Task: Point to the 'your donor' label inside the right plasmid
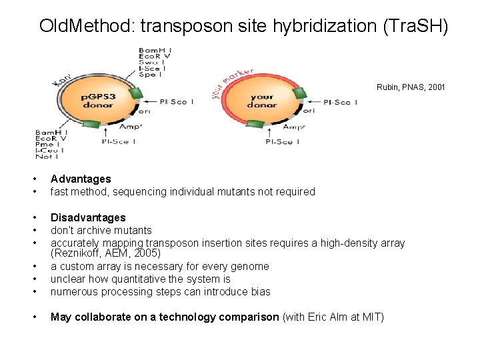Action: [x=261, y=101]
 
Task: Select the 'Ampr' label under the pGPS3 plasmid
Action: [x=131, y=126]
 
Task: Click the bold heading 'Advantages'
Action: [x=81, y=179]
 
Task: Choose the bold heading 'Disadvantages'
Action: [x=88, y=217]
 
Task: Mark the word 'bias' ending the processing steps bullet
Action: [x=260, y=292]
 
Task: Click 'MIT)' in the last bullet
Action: [x=373, y=317]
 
